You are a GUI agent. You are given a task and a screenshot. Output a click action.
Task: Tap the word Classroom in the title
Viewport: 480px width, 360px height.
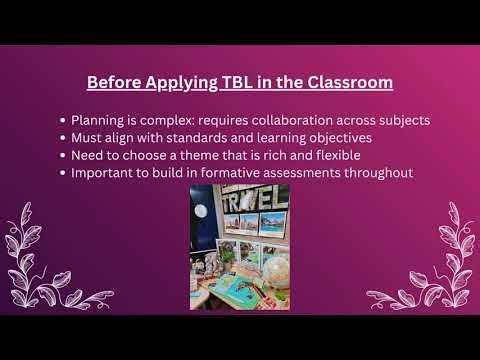[x=341, y=82]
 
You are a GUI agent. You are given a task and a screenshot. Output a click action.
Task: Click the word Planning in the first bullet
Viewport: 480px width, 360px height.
[x=101, y=120]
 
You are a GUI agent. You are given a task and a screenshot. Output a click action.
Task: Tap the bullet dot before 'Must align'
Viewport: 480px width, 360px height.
[x=63, y=138]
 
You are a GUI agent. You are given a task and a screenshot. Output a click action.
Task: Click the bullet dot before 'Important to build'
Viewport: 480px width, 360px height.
[x=63, y=173]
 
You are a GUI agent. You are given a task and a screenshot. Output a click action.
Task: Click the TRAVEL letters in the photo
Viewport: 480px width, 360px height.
[x=254, y=200]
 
